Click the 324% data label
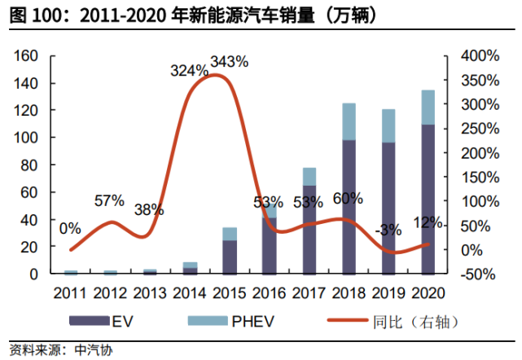point(189,71)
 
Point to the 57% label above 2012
point(110,200)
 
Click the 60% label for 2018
point(347,198)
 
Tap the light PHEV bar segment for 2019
point(388,125)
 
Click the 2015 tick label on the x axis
point(230,291)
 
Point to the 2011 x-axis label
point(71,291)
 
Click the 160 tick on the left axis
point(28,55)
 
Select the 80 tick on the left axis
point(31,165)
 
